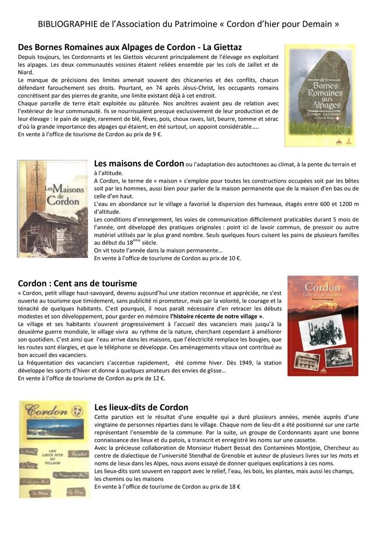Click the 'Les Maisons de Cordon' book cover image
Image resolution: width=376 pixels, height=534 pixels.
pyautogui.click(x=53, y=209)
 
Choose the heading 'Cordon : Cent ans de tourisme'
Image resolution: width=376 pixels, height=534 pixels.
pyautogui.click(x=78, y=283)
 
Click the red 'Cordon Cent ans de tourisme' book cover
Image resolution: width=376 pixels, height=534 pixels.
pyautogui.click(x=323, y=326)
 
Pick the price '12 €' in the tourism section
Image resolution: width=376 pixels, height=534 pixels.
pyautogui.click(x=157, y=379)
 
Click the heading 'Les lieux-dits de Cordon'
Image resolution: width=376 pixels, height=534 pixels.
pyautogui.click(x=141, y=407)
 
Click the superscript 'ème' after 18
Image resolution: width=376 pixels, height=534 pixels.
pyautogui.click(x=137, y=240)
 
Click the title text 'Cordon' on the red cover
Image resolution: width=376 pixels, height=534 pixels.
pyautogui.click(x=322, y=287)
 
